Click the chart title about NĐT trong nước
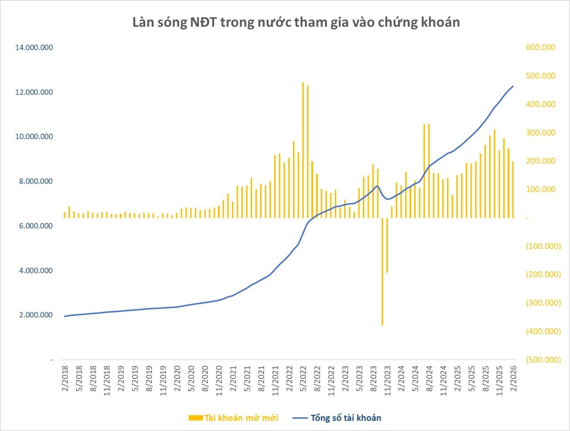tap(296, 22)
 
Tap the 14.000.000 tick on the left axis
tap(34, 48)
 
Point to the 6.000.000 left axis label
tap(34, 226)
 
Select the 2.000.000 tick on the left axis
tap(34, 315)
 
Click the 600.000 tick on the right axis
tap(541, 48)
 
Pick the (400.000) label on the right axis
tap(543, 331)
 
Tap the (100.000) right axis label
tap(543, 246)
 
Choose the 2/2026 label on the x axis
tap(515, 381)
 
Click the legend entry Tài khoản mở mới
tap(234, 418)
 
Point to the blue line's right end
tap(513, 86)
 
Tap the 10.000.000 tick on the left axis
tap(34, 137)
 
